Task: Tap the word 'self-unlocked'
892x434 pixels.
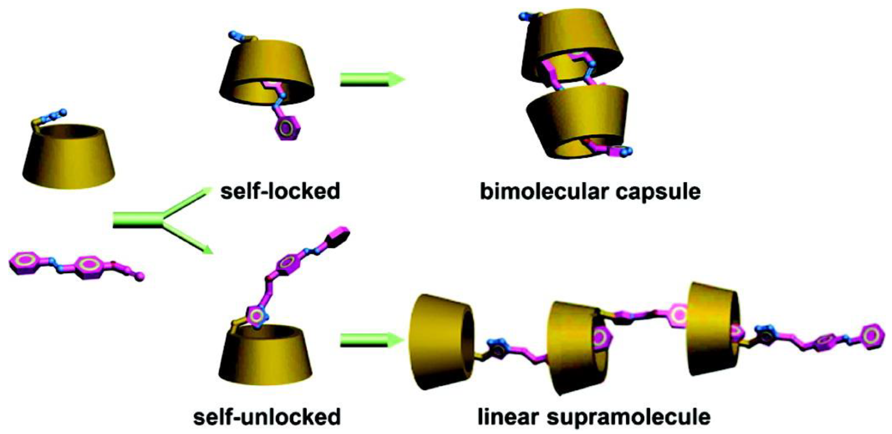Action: click(x=267, y=417)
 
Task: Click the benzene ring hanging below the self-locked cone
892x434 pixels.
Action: click(x=287, y=129)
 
